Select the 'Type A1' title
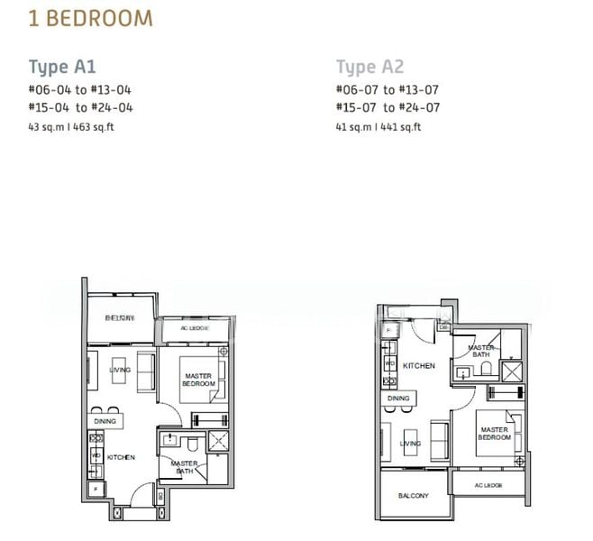(x=62, y=67)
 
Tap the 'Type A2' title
(x=369, y=67)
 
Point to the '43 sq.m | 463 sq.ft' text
(x=71, y=126)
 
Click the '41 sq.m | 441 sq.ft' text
(x=379, y=126)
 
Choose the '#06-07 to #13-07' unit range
(x=388, y=89)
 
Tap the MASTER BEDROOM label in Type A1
(x=198, y=380)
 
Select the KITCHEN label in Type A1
(x=121, y=458)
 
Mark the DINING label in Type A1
(x=105, y=421)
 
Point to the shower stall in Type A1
(x=217, y=441)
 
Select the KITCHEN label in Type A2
(x=419, y=366)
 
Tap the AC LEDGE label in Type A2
(x=487, y=485)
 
